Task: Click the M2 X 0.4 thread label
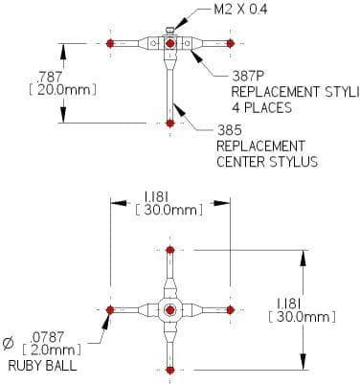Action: [x=240, y=9]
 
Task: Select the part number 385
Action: [x=229, y=130]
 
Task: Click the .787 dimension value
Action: [x=49, y=77]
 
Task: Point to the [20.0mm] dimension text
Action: [x=62, y=90]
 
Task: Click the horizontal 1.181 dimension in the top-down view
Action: [x=156, y=197]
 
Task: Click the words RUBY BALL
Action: [x=42, y=366]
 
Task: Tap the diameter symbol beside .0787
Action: [x=9, y=344]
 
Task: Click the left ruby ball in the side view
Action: [x=110, y=43]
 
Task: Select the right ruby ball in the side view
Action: [x=231, y=43]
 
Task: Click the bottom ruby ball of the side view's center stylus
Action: [x=170, y=123]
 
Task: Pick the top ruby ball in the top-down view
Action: [x=170, y=250]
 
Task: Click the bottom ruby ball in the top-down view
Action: [x=170, y=371]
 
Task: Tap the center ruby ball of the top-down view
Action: [x=170, y=309]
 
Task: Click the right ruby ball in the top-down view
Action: [x=231, y=309]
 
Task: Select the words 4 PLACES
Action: [x=261, y=108]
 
